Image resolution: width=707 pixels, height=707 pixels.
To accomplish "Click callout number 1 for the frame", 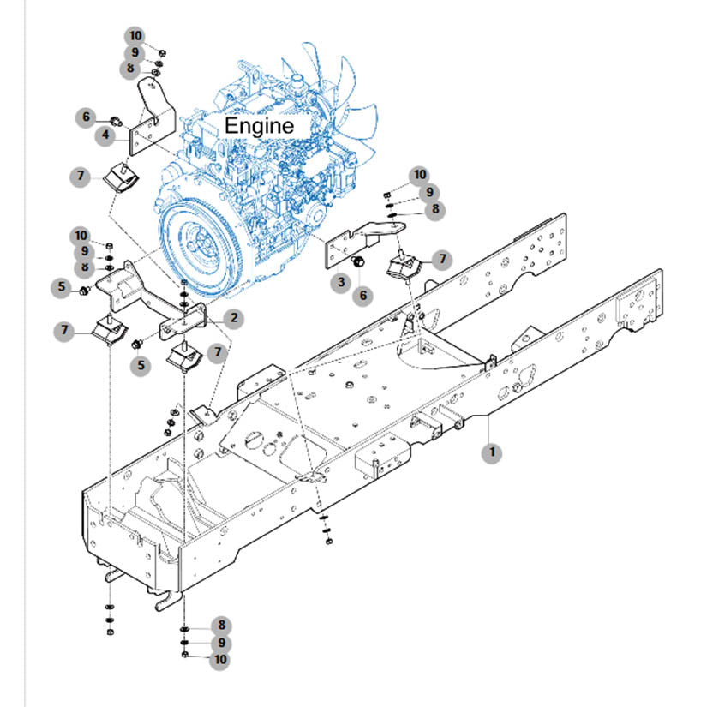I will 492,452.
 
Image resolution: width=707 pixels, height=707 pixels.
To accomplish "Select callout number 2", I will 233,318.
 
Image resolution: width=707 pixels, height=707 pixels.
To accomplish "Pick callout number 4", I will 107,135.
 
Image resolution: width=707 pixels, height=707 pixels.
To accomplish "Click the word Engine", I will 259,125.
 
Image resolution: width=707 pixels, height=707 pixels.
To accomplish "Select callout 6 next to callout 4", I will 86,117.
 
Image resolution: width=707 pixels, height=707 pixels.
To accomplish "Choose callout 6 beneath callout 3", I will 364,295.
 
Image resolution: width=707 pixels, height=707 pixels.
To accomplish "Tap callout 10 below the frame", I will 220,659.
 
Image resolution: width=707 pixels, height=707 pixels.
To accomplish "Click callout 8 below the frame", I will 220,626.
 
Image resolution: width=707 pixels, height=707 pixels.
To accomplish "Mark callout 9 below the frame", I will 220,642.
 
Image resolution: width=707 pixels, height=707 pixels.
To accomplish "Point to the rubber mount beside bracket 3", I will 404,267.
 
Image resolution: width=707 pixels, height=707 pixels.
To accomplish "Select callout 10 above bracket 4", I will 135,36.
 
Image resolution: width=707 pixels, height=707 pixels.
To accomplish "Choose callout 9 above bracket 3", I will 427,192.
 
